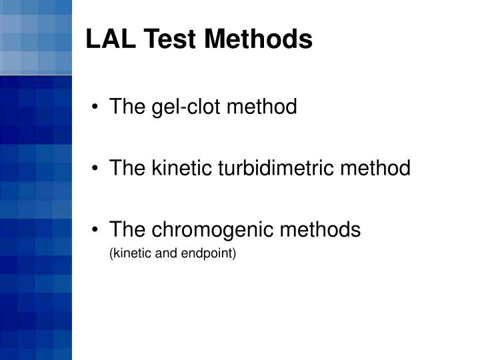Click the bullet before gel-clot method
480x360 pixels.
click(x=97, y=107)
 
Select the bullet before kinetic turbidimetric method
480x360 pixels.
click(x=97, y=168)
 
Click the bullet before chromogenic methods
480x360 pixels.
click(x=97, y=230)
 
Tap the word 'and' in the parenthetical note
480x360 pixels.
click(x=163, y=253)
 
